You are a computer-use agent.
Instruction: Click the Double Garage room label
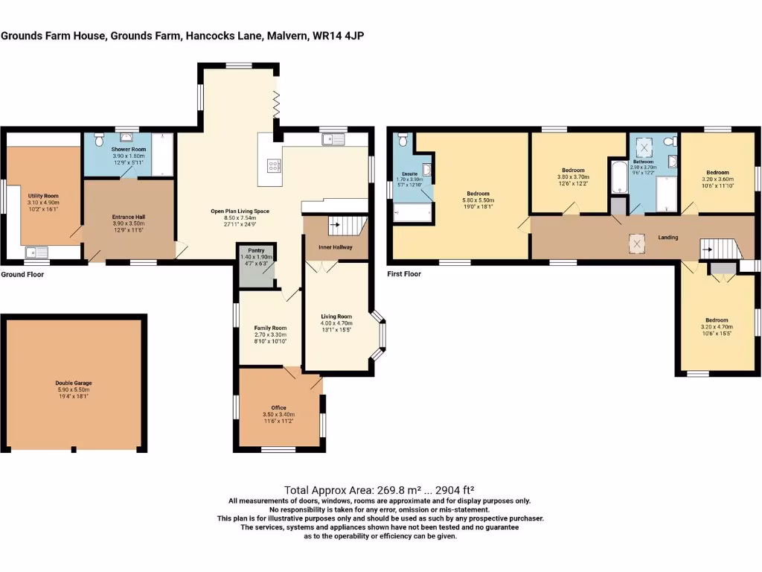click(73, 383)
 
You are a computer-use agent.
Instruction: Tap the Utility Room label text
click(43, 195)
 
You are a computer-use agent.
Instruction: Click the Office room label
click(279, 407)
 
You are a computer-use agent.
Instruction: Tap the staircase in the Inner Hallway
click(348, 223)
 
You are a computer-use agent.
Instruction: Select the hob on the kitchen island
click(272, 166)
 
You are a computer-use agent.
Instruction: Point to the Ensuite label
click(410, 174)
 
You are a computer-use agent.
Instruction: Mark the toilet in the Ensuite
click(403, 140)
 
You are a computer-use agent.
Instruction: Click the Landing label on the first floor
click(667, 238)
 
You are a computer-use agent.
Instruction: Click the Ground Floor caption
click(22, 274)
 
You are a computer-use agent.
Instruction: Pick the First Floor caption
click(404, 274)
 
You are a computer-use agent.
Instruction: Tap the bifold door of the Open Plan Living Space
click(276, 104)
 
